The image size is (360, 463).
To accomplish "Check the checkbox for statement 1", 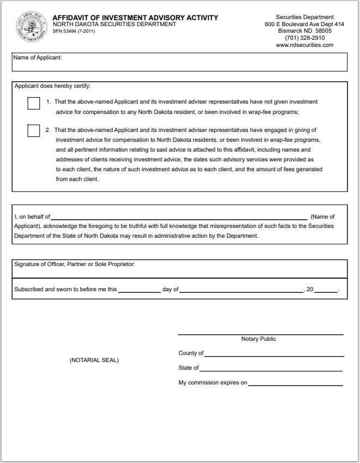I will tap(34, 103).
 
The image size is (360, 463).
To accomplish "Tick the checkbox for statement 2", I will tap(34, 131).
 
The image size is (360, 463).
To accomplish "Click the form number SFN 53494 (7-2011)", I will tap(75, 31).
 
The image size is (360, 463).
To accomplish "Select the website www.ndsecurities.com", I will tap(304, 45).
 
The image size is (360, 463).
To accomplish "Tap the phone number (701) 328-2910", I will tap(304, 38).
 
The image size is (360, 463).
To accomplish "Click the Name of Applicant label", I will tap(38, 57).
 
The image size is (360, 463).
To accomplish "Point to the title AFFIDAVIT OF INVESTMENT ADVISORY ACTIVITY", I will tap(135, 18).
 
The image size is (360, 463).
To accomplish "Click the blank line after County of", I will tap(274, 354).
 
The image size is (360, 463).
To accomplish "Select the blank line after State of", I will tap(271, 369).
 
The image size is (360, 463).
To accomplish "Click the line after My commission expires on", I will tap(295, 384).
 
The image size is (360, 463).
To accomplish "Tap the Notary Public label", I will tap(259, 339).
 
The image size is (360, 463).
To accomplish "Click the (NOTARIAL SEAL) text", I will tap(94, 360).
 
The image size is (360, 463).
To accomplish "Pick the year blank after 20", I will tap(326, 290).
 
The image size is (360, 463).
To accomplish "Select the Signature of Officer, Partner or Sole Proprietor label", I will tap(75, 264).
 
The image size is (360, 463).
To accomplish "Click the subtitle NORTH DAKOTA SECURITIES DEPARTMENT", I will tap(114, 25).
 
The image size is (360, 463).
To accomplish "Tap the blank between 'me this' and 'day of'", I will tap(139, 290).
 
